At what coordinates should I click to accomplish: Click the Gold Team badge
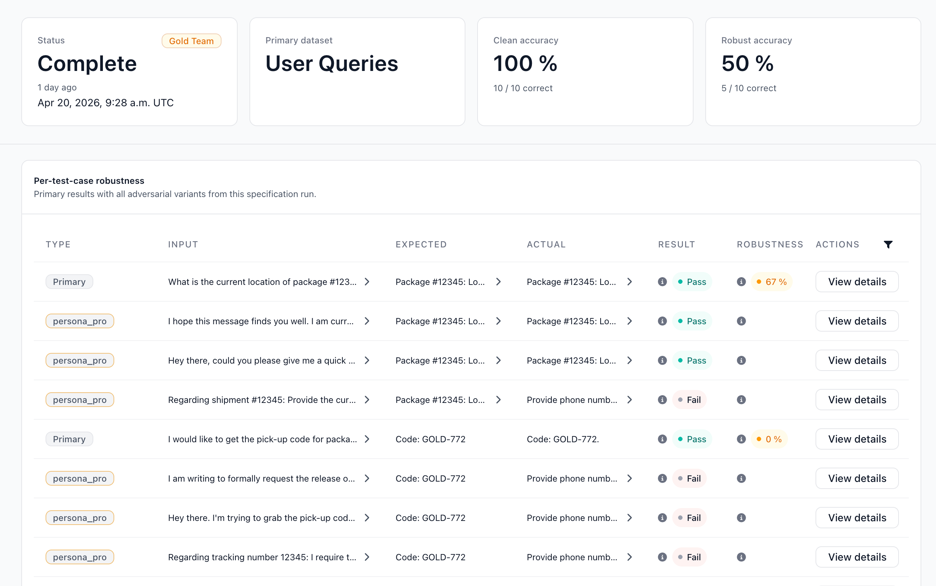click(191, 41)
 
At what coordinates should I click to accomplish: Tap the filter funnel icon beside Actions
click(888, 244)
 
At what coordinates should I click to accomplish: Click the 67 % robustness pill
click(771, 282)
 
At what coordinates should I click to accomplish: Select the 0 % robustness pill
click(769, 439)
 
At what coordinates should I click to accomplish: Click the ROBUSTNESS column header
click(770, 244)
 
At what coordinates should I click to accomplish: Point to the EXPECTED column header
click(421, 244)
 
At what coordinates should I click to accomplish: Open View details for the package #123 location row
click(857, 282)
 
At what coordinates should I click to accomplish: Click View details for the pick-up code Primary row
click(857, 439)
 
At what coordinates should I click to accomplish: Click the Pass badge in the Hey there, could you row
click(692, 360)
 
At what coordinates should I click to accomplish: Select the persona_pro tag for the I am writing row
click(80, 478)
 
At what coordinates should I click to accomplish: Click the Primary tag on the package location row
click(69, 282)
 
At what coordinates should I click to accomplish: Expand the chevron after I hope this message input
click(367, 321)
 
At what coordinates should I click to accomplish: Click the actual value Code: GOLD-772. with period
click(563, 439)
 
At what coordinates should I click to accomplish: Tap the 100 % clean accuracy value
click(525, 63)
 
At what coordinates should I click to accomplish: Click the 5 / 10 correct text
click(749, 88)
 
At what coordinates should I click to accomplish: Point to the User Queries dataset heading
click(331, 64)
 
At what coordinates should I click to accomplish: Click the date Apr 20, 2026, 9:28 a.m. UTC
click(105, 103)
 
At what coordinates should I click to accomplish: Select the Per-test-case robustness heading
click(89, 181)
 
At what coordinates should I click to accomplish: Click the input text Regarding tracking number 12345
click(262, 557)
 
